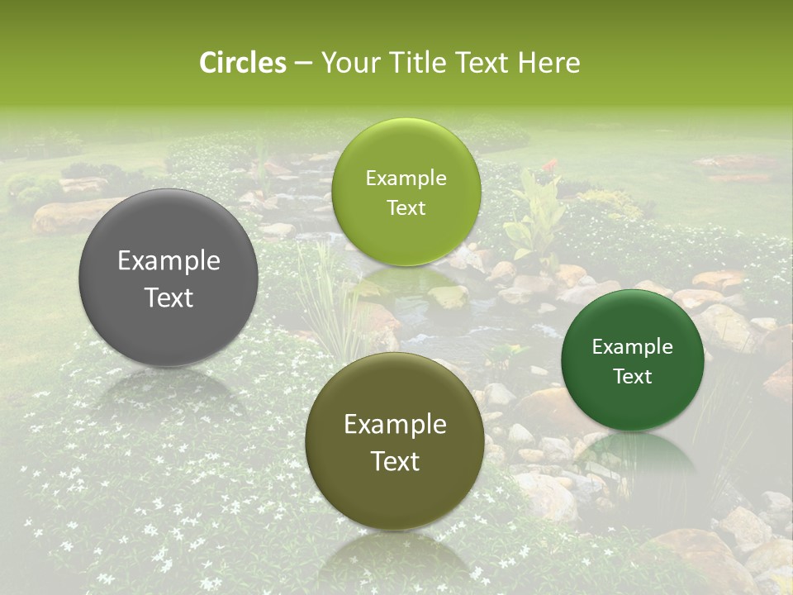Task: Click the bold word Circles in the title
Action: [x=242, y=63]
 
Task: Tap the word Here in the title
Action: [x=548, y=63]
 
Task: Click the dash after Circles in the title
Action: [x=303, y=64]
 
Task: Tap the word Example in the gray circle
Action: [x=169, y=261]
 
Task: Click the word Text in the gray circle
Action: [x=169, y=298]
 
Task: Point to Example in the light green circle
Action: [x=406, y=178]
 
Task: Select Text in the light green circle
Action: [x=406, y=207]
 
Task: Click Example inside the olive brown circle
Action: [x=395, y=424]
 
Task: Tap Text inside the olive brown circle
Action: [x=395, y=461]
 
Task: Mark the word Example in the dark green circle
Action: [x=633, y=346]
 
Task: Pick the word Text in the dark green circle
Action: [x=633, y=376]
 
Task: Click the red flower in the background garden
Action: [x=548, y=166]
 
